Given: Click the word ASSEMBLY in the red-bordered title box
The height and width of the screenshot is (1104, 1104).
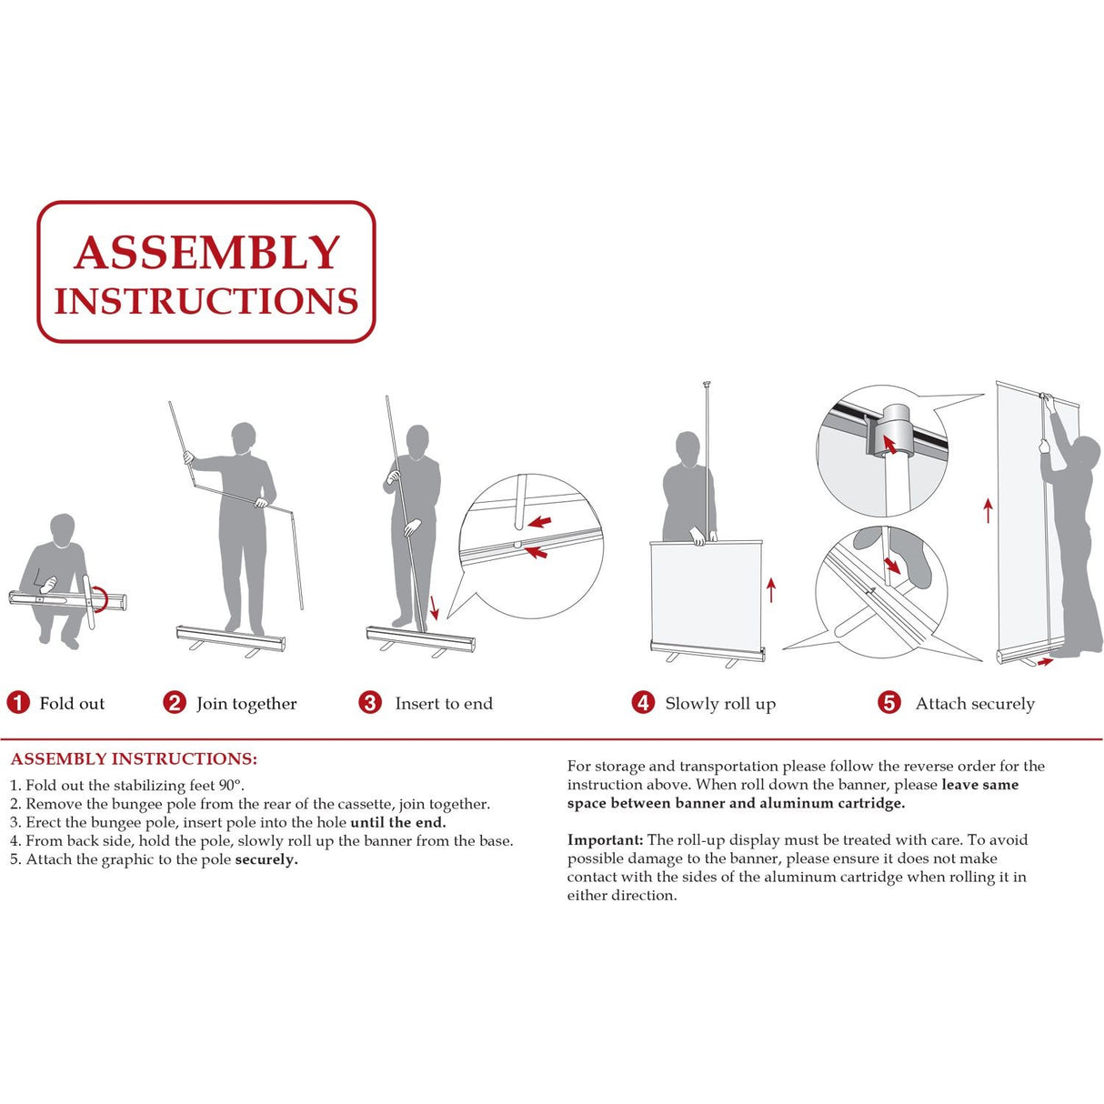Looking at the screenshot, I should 206,253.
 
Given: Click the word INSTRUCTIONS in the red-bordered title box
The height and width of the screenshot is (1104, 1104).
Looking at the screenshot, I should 206,302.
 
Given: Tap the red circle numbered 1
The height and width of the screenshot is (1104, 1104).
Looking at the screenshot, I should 18,703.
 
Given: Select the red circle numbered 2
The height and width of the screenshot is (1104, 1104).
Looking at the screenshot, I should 175,703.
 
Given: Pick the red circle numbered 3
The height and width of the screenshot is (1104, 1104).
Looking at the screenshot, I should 370,703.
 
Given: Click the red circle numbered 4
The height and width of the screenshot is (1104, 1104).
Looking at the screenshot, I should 643,703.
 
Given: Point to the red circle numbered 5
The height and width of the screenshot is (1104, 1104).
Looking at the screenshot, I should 889,703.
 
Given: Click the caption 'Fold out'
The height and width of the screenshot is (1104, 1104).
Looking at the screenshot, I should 72,704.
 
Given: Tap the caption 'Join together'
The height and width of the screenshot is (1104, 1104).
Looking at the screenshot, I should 246,704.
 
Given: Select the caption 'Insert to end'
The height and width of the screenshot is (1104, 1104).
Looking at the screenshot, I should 444,704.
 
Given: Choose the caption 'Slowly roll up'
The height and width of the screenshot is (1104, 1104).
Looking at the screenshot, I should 720,704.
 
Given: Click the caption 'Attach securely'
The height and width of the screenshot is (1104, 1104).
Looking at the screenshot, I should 975,704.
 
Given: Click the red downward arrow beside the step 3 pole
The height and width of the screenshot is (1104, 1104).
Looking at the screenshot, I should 434,607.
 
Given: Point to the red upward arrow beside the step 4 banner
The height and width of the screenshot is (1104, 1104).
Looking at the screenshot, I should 771,589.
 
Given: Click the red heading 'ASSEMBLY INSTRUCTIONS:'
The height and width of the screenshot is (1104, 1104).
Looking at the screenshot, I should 134,759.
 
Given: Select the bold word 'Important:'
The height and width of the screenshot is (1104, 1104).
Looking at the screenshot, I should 605,840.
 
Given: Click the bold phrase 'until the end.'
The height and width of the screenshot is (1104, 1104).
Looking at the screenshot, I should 397,823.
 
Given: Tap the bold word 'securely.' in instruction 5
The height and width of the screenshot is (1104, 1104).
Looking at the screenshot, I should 266,859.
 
